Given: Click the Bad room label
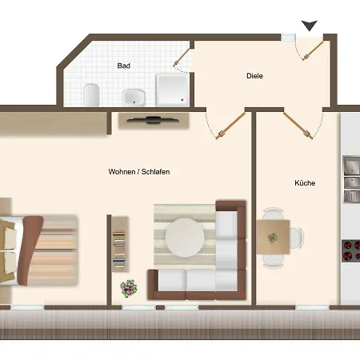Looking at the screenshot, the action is click(124, 66).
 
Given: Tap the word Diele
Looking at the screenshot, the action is click(254, 76).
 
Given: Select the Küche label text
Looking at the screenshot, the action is click(305, 183).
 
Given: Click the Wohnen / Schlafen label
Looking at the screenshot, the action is click(139, 172).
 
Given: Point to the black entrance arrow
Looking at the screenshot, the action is click(310, 26).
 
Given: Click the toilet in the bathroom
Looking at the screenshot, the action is click(91, 94).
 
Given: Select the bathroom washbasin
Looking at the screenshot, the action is click(134, 98).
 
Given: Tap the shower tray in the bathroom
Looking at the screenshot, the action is click(172, 90).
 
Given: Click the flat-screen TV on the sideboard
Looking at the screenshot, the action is click(153, 120).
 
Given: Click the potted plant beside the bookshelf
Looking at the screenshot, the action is click(129, 288).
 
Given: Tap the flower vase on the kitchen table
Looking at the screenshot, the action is click(272, 238).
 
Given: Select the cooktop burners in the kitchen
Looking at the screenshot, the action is click(351, 250).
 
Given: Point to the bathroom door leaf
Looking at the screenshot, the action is click(182, 58).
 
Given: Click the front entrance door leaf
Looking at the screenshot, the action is click(313, 51).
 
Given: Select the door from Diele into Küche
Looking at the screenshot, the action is click(298, 126).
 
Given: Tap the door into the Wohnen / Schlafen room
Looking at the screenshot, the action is click(230, 126).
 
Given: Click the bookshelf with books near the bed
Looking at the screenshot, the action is click(119, 244).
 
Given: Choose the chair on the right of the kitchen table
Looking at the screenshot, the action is click(297, 238).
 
